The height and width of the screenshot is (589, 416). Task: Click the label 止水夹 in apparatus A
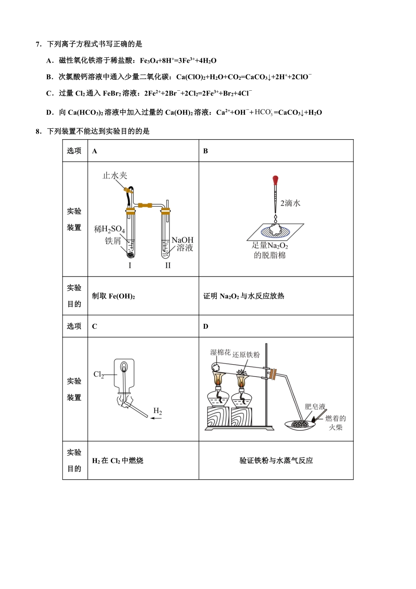point(115,176)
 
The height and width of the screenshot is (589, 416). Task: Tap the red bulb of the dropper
point(275,180)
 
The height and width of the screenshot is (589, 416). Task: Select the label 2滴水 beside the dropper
point(290,203)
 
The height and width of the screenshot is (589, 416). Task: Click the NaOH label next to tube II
point(182,240)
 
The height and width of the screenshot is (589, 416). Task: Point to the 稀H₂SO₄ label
point(109,229)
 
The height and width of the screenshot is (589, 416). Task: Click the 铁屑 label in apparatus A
point(113,241)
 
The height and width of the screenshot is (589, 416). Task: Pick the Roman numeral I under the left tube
point(130,266)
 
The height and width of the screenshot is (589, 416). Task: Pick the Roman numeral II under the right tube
point(168,266)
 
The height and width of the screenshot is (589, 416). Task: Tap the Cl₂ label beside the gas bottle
point(99,375)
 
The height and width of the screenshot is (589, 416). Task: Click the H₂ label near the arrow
point(158,411)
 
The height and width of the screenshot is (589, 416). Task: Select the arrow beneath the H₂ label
point(156,419)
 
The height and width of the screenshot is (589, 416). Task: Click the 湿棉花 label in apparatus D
point(220,352)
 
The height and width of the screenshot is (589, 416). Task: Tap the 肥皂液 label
point(315,407)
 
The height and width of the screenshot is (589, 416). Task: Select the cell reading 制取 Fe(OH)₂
point(113,296)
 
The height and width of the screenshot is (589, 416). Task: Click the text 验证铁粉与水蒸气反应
point(276,461)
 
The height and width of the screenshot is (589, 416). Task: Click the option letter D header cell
point(206,326)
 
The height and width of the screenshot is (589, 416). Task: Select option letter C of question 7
point(49,93)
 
